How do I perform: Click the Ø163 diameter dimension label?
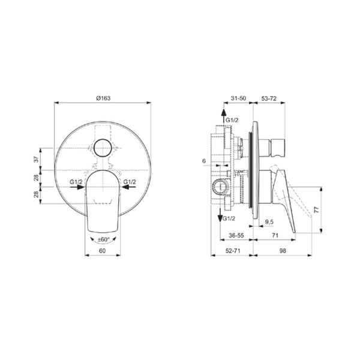pyautogui.click(x=103, y=98)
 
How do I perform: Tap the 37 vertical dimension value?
pyautogui.click(x=36, y=160)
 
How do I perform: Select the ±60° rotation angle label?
pyautogui.click(x=104, y=239)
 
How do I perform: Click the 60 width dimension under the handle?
pyautogui.click(x=103, y=251)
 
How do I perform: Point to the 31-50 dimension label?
pyautogui.click(x=238, y=98)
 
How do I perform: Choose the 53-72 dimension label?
pyautogui.click(x=269, y=98)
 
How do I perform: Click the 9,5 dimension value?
pyautogui.click(x=269, y=222)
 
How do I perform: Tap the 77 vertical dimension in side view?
pyautogui.click(x=317, y=210)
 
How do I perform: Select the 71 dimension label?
pyautogui.click(x=275, y=235)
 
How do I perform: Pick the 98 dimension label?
pyautogui.click(x=283, y=251)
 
